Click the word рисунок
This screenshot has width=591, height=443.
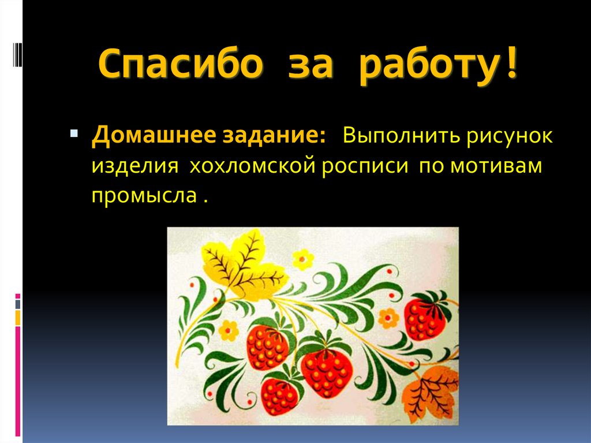(511, 138)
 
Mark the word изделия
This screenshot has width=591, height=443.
(132, 166)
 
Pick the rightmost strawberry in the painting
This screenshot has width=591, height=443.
(425, 317)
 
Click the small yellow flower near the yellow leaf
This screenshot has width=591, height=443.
(302, 259)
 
